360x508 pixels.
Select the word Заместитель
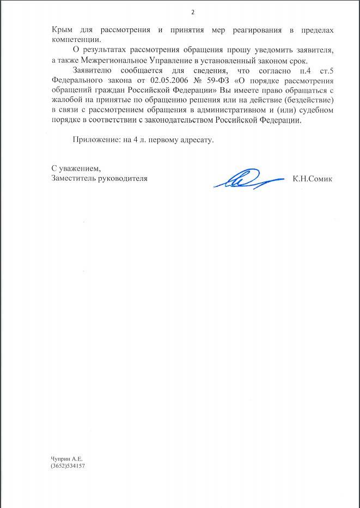tap(75, 178)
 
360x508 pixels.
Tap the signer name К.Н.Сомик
tap(312, 178)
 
